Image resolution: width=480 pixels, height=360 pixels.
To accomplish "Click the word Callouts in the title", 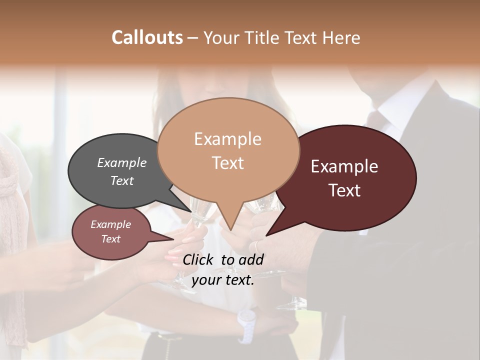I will (147, 37).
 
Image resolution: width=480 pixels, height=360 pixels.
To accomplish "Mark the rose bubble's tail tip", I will (172, 239).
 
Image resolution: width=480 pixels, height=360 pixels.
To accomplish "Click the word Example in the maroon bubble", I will (344, 166).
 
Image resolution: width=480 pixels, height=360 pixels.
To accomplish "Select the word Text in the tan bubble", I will (228, 163).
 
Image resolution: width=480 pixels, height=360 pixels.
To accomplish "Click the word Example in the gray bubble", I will (122, 162).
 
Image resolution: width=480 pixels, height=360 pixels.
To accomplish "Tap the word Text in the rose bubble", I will (111, 239).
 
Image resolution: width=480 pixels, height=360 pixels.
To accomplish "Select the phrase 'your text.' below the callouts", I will (223, 280).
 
